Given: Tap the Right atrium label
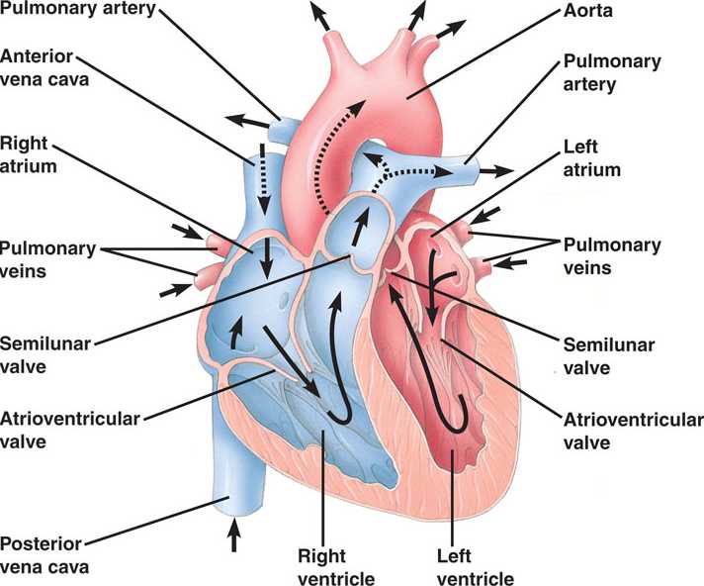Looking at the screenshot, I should click(29, 154).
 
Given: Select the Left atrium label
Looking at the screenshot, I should click(591, 157).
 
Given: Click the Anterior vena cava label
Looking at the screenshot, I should click(46, 66).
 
